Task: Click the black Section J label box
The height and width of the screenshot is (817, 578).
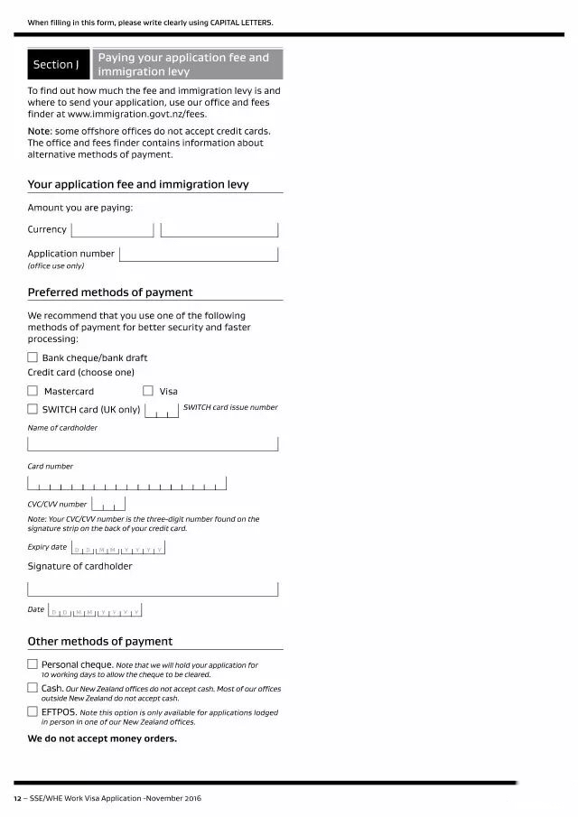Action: pyautogui.click(x=58, y=65)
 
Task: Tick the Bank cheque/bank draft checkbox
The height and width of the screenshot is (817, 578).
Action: pyautogui.click(x=33, y=357)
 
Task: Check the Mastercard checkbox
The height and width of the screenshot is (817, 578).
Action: pyautogui.click(x=33, y=391)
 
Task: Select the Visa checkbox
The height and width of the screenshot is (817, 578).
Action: pyautogui.click(x=148, y=391)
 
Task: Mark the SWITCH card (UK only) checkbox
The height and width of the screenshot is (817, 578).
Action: pyautogui.click(x=33, y=409)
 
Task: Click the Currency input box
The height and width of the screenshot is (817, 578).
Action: pyautogui.click(x=112, y=229)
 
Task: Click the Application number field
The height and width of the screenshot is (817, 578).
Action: pyautogui.click(x=199, y=255)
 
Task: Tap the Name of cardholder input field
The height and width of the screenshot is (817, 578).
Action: pyautogui.click(x=153, y=443)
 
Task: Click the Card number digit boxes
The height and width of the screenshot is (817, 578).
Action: pyautogui.click(x=126, y=483)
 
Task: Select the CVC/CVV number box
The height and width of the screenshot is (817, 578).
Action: pyautogui.click(x=107, y=504)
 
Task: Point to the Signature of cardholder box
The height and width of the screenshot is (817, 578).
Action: pyautogui.click(x=153, y=589)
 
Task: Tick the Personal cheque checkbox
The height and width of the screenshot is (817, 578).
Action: pyautogui.click(x=33, y=664)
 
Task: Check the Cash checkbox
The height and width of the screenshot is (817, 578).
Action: pyautogui.click(x=33, y=688)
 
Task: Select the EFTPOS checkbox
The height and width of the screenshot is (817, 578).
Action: pyautogui.click(x=33, y=711)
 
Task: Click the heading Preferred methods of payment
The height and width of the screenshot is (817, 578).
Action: pyautogui.click(x=110, y=292)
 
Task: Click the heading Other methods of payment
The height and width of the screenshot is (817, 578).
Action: pyautogui.click(x=100, y=642)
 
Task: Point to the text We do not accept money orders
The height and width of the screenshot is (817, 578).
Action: pyautogui.click(x=102, y=738)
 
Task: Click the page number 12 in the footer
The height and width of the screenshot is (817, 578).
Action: pyautogui.click(x=17, y=799)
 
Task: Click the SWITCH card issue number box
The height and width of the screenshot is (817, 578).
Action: pyautogui.click(x=162, y=412)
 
